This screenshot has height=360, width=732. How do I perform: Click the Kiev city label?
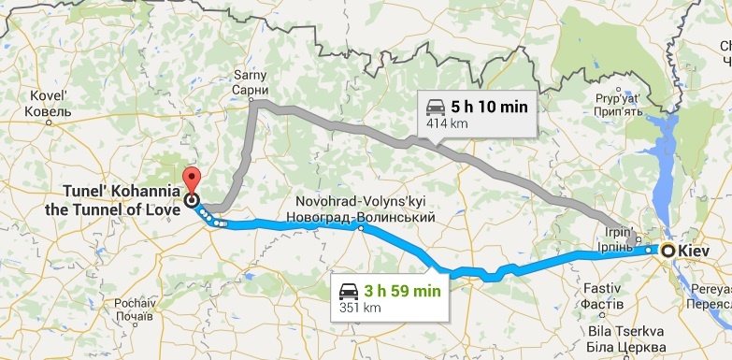[695, 251]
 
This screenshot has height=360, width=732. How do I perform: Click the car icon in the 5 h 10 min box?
[436, 107]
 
